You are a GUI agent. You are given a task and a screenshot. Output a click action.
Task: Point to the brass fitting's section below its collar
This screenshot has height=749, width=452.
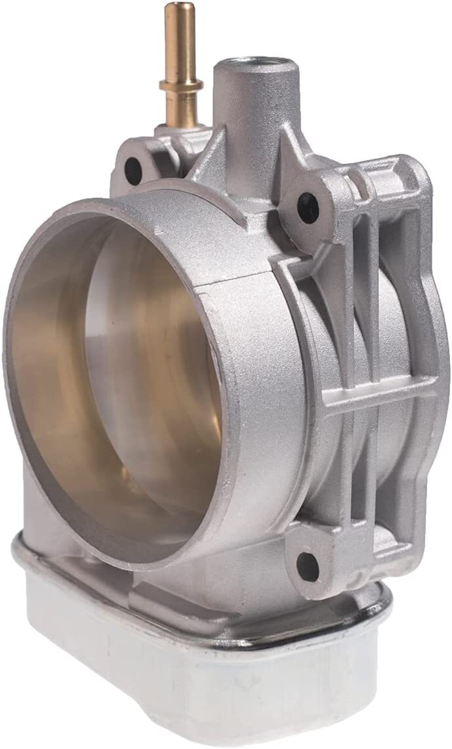[174, 108]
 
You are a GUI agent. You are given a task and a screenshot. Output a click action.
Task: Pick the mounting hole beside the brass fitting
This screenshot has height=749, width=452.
[134, 169]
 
